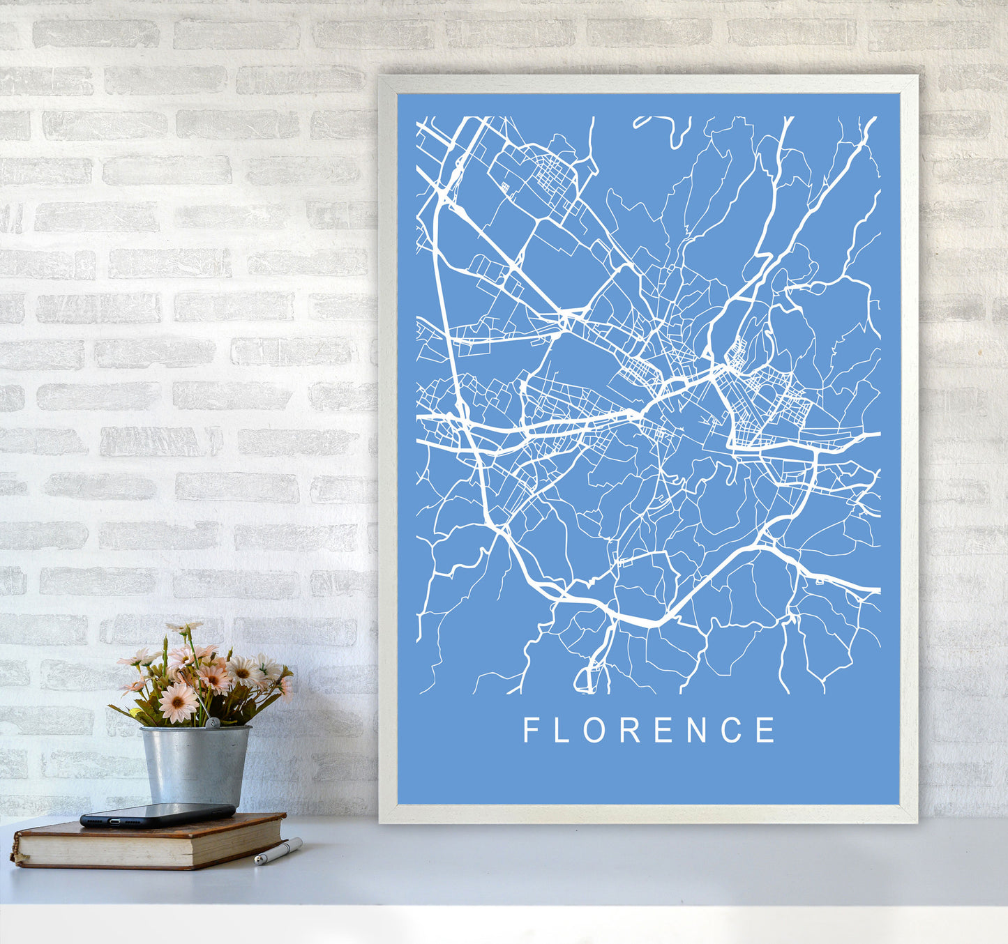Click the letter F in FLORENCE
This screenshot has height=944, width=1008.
pyautogui.click(x=530, y=730)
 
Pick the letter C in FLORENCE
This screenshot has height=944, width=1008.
pyautogui.click(x=732, y=730)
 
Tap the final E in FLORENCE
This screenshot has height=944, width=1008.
pyautogui.click(x=766, y=730)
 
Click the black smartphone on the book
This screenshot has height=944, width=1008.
pyautogui.click(x=157, y=814)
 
